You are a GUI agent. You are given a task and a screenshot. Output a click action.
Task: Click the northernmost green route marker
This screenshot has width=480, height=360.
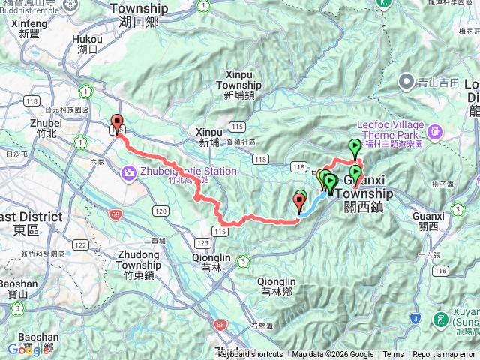pyautogui.click(x=355, y=147)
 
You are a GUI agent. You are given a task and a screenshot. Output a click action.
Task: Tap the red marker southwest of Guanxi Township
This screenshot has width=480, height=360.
pyautogui.click(x=301, y=200)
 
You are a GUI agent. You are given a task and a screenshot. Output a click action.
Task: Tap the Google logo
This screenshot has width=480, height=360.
pyautogui.click(x=28, y=349)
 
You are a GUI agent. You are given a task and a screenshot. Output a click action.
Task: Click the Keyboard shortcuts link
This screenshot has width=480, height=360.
pyautogui.click(x=250, y=355)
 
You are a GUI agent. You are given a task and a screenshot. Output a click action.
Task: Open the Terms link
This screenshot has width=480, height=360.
pyautogui.click(x=393, y=355)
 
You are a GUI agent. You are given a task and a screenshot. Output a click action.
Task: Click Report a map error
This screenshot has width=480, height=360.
pyautogui.click(x=444, y=355)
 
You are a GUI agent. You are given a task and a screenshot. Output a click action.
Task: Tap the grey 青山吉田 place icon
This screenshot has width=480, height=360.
pyautogui.click(x=407, y=80)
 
